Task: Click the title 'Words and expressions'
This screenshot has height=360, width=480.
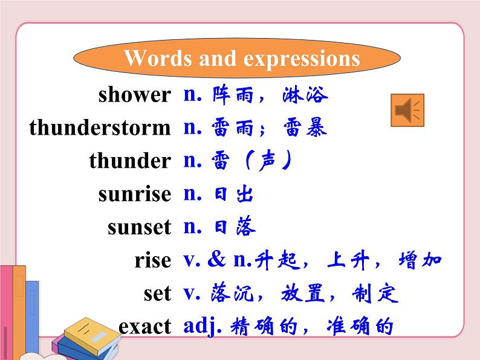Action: coord(241,59)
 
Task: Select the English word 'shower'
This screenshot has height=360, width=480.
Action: coord(134,95)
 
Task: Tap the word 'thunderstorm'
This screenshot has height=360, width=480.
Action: coord(100,128)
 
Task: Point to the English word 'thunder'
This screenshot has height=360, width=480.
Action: coord(130,161)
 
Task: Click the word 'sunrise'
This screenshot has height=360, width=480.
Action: coord(134,194)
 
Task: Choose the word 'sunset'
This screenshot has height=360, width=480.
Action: coord(139,228)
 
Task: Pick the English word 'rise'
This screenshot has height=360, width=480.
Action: coord(153,261)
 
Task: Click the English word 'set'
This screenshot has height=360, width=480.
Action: coord(157,294)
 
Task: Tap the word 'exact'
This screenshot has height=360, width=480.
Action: coord(145,327)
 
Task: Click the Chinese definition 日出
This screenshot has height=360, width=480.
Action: coord(233,194)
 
